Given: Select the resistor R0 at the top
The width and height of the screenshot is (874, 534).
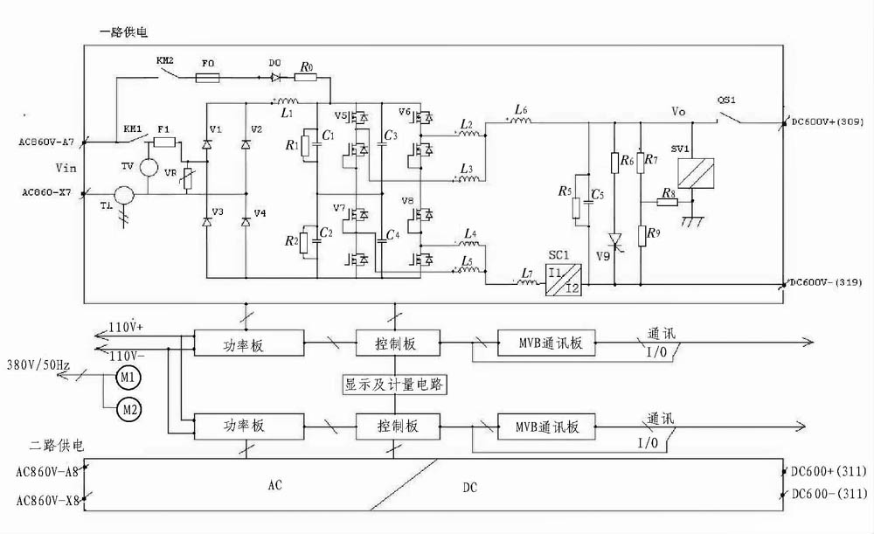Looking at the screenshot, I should point(305,78).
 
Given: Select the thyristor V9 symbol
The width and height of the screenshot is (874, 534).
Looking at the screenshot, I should point(614,239).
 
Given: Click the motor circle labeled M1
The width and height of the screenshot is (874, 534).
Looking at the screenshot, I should point(128,378).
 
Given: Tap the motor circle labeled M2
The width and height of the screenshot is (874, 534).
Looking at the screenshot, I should point(128,408).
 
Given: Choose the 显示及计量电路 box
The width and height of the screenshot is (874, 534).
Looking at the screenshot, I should point(394,385).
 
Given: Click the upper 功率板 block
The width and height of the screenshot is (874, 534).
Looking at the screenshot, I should point(248,343).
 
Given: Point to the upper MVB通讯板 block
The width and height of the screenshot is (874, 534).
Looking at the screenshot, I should point(546,343).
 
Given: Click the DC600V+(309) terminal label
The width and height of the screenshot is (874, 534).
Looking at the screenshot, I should point(825,123).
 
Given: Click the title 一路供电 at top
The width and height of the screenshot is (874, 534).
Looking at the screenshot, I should point(124,31).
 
